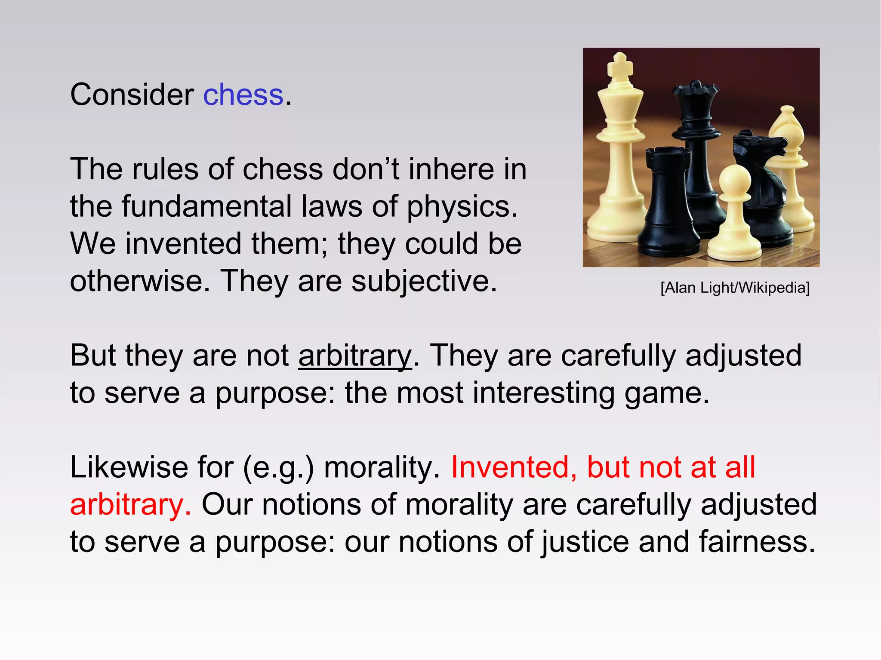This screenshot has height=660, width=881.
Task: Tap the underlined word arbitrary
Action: (x=355, y=356)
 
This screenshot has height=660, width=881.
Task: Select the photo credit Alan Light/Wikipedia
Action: (x=735, y=288)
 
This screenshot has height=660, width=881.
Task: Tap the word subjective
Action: (x=424, y=281)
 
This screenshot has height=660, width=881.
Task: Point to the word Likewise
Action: (x=129, y=467)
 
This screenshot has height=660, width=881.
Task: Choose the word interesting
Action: (x=544, y=393)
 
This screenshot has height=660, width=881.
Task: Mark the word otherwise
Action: (x=140, y=281)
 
